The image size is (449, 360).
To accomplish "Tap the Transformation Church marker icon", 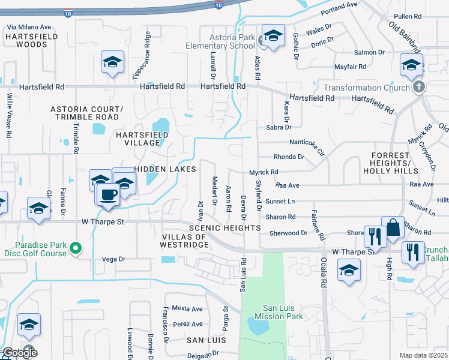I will [x=420, y=88].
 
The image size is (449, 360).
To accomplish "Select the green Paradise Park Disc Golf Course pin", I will [x=75, y=247].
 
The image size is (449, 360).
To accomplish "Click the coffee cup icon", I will [x=108, y=195].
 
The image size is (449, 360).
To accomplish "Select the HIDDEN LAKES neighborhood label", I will [x=165, y=170].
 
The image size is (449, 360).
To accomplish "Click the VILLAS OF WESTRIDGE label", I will [x=184, y=241].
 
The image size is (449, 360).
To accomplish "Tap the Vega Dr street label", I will [x=113, y=259].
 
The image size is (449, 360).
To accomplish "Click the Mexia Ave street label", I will [x=187, y=308].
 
